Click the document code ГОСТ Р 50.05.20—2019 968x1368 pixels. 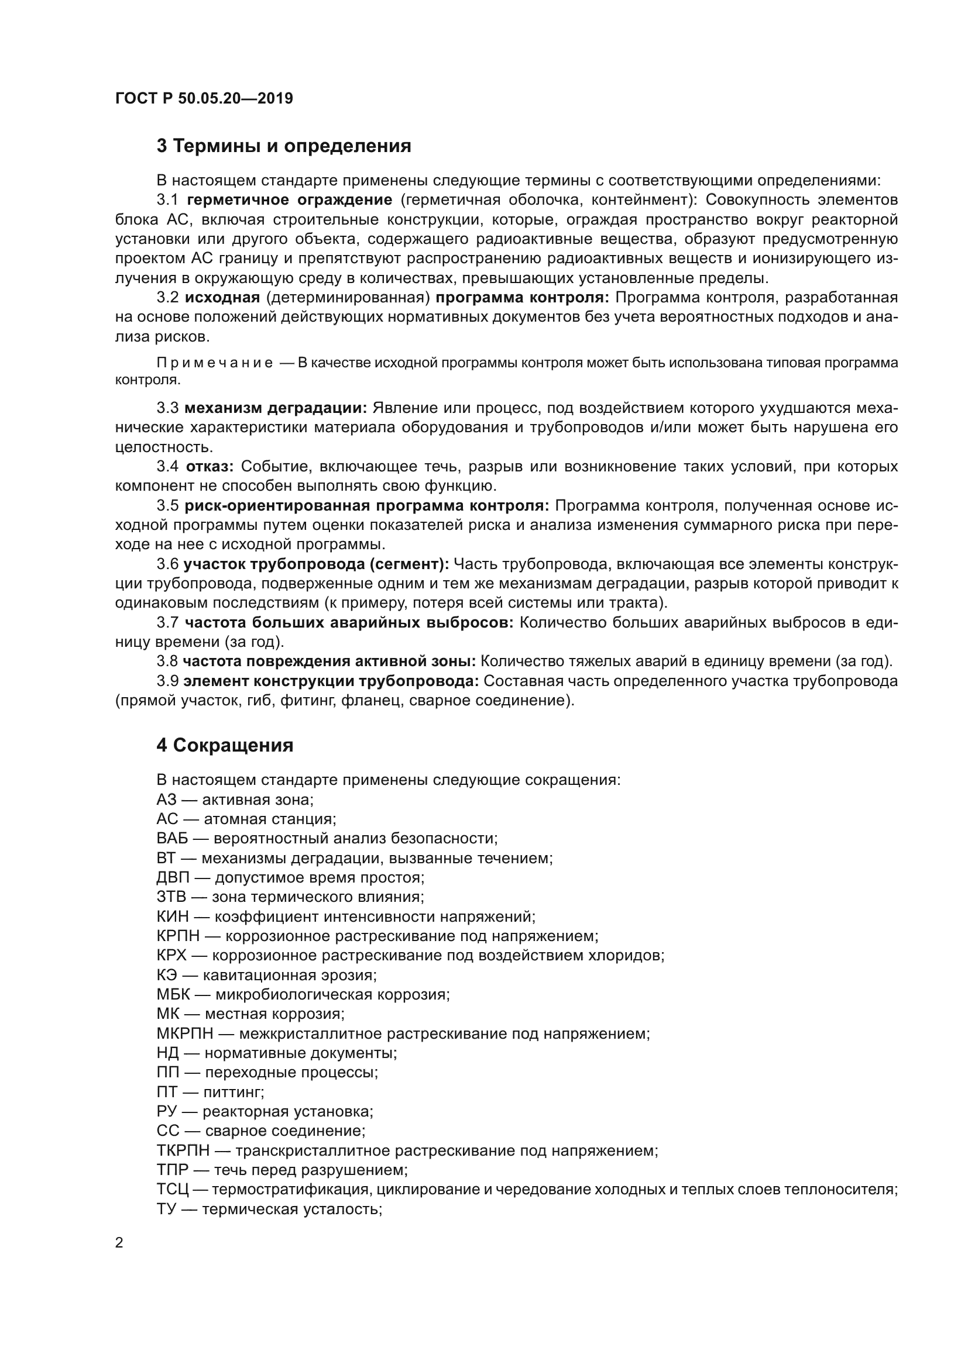204,98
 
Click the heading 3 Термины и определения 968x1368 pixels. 284,146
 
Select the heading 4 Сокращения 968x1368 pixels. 225,745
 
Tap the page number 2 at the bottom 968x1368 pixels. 119,1243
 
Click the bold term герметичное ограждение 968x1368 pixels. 289,199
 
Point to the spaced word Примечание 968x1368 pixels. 215,363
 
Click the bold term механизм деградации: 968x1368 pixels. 276,408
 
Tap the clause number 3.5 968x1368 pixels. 167,506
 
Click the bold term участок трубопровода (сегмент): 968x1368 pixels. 316,564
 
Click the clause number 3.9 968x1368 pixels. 167,681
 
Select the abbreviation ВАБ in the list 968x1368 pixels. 172,838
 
